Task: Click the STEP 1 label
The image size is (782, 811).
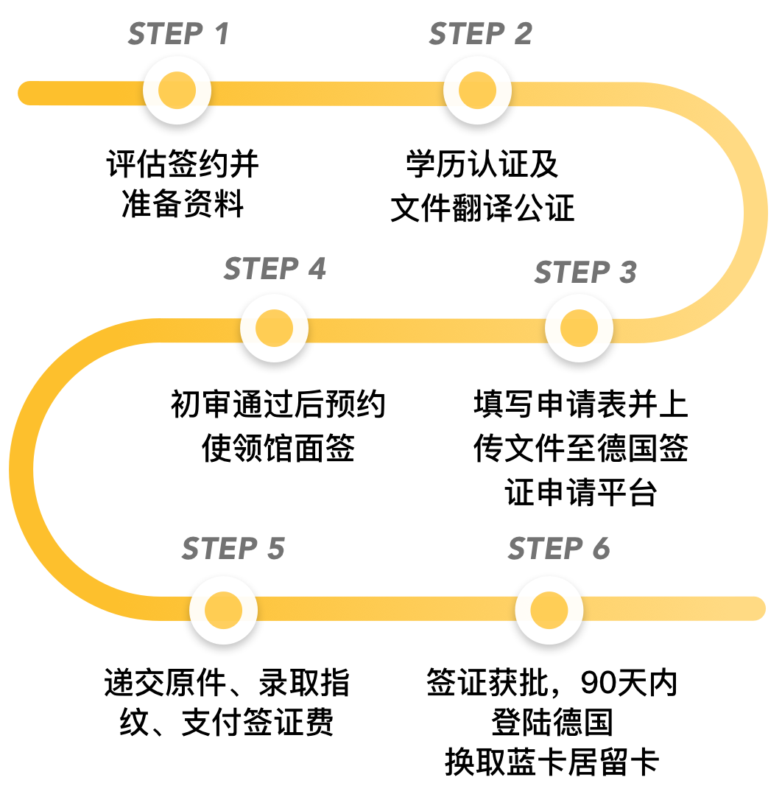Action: click(178, 34)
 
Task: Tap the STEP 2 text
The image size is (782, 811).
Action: click(480, 34)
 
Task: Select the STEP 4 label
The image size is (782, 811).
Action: click(275, 269)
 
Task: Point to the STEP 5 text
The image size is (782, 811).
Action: click(233, 549)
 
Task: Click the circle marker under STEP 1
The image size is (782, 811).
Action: click(177, 91)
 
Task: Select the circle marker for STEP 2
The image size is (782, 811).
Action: click(477, 91)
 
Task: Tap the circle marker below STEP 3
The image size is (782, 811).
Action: click(579, 329)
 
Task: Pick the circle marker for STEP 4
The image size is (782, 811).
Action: click(274, 329)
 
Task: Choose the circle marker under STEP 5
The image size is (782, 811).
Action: click(223, 610)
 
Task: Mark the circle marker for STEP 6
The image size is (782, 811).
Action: click(549, 610)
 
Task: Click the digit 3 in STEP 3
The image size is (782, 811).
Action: click(627, 273)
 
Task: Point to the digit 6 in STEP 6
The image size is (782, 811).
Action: click(600, 549)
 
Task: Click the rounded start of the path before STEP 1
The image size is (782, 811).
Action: click(29, 93)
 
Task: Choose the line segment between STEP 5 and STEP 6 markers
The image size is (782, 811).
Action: click(386, 608)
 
